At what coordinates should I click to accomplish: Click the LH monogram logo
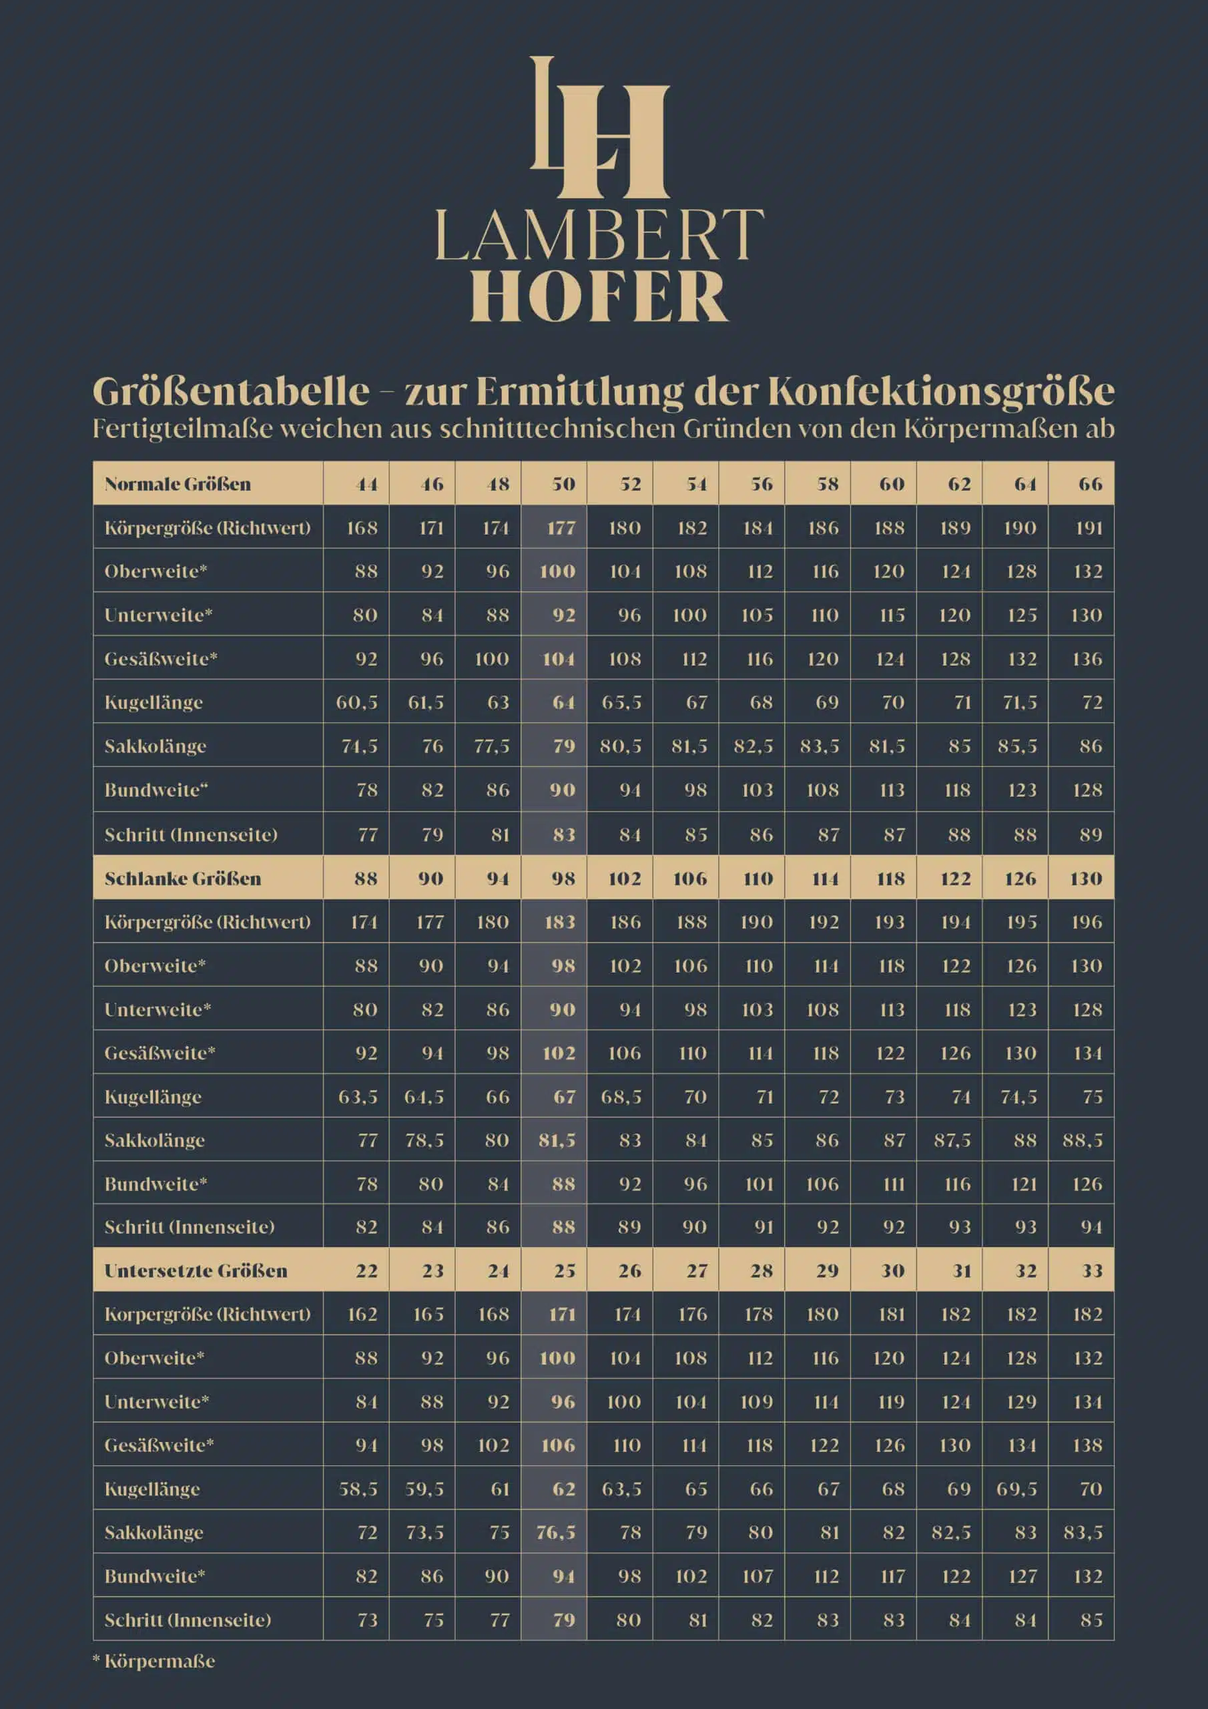pyautogui.click(x=600, y=128)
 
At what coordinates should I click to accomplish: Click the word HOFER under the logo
pyautogui.click(x=599, y=296)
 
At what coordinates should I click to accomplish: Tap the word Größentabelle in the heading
pyautogui.click(x=231, y=391)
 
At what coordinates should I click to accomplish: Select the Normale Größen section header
pyautogui.click(x=178, y=484)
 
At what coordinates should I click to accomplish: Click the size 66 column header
pyautogui.click(x=1090, y=484)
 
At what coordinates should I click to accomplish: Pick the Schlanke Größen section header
pyautogui.click(x=183, y=879)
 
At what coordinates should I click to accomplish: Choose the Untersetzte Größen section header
pyautogui.click(x=196, y=1270)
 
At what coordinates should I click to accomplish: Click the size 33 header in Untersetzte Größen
pyautogui.click(x=1091, y=1270)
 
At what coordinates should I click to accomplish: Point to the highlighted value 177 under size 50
pyautogui.click(x=561, y=528)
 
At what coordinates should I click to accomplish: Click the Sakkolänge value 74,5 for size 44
pyautogui.click(x=359, y=746)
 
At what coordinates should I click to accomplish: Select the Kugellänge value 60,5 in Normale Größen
pyautogui.click(x=356, y=702)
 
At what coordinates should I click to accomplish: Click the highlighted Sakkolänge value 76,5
pyautogui.click(x=556, y=1532)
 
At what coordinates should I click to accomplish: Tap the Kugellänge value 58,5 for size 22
pyautogui.click(x=358, y=1489)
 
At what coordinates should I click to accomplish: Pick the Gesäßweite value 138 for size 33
pyautogui.click(x=1087, y=1445)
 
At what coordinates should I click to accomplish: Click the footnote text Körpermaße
pyautogui.click(x=160, y=1661)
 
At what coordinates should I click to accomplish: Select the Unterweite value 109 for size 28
pyautogui.click(x=757, y=1402)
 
